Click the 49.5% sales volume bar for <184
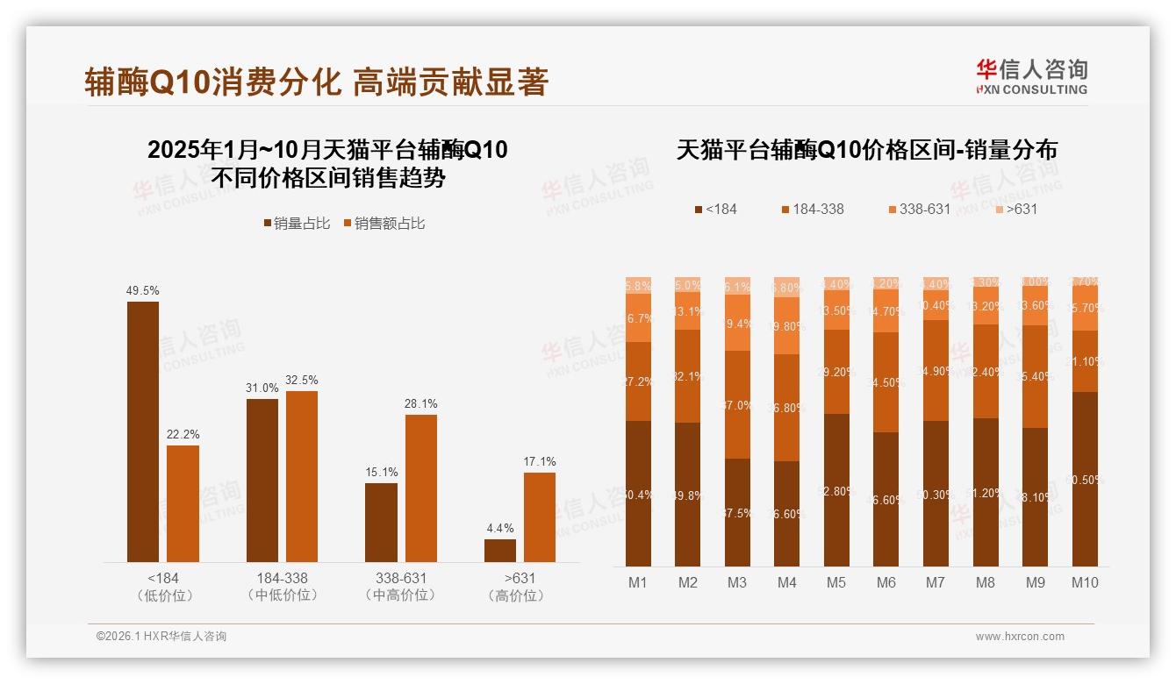(143, 431)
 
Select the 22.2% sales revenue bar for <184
(183, 503)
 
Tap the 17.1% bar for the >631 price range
(540, 517)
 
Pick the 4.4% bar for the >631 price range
(500, 551)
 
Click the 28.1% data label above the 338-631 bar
(421, 404)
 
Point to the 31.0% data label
(262, 388)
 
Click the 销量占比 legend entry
(297, 224)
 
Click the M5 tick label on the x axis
(836, 582)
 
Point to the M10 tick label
(1085, 582)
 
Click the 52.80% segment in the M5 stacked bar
(837, 489)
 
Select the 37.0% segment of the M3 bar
(737, 405)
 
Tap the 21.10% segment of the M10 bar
(1085, 361)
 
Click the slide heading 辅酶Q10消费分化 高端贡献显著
(317, 82)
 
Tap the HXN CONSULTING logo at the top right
(1031, 76)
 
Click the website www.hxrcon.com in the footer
(1020, 637)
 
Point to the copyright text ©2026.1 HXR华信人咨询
(161, 637)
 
